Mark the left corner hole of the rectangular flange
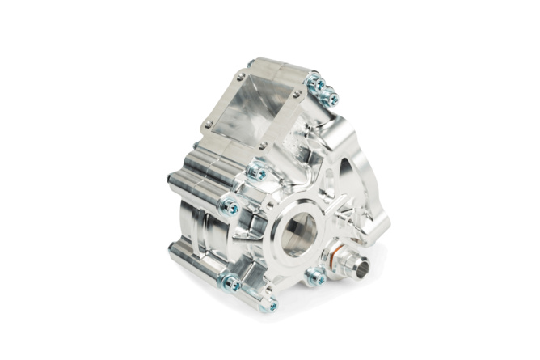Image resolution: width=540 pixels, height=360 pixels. point(209,124)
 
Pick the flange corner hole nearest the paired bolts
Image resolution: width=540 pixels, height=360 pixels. point(300,95)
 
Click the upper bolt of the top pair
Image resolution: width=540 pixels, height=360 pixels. point(316,83)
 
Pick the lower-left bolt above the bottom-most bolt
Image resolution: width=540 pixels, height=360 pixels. point(232,283)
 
